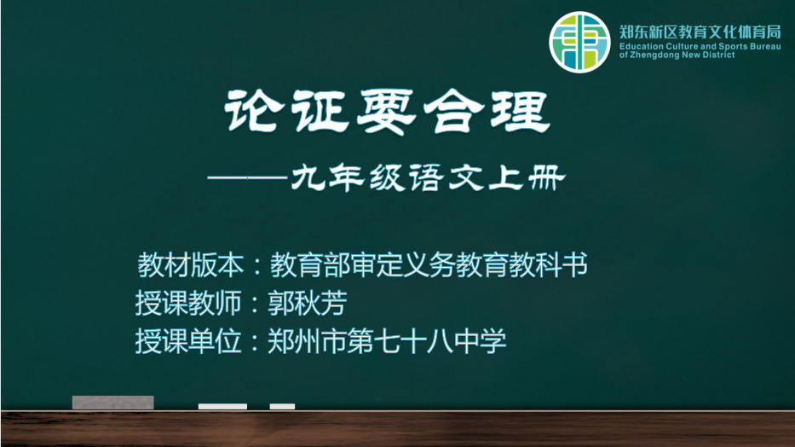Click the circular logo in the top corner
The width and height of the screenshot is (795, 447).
[579, 42]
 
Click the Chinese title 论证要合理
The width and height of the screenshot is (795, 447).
[388, 111]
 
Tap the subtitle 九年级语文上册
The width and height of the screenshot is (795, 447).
[429, 177]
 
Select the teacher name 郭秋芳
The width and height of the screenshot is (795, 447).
[308, 303]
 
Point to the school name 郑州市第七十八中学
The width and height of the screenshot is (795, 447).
[387, 340]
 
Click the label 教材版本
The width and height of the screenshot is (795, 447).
[191, 264]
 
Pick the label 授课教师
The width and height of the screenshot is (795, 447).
[188, 303]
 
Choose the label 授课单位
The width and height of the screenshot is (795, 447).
[188, 340]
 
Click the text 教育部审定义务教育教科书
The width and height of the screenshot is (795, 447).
[429, 264]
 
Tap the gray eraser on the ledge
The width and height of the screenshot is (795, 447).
[113, 403]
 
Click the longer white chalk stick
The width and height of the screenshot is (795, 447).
[222, 406]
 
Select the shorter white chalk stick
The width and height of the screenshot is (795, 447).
[282, 406]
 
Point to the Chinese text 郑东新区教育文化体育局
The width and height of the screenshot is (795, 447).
[700, 32]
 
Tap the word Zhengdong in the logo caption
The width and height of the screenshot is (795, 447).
[654, 55]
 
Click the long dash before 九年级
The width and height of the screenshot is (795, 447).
[249, 177]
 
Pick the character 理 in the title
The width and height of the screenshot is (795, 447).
[520, 112]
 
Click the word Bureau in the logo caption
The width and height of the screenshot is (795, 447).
[765, 46]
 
